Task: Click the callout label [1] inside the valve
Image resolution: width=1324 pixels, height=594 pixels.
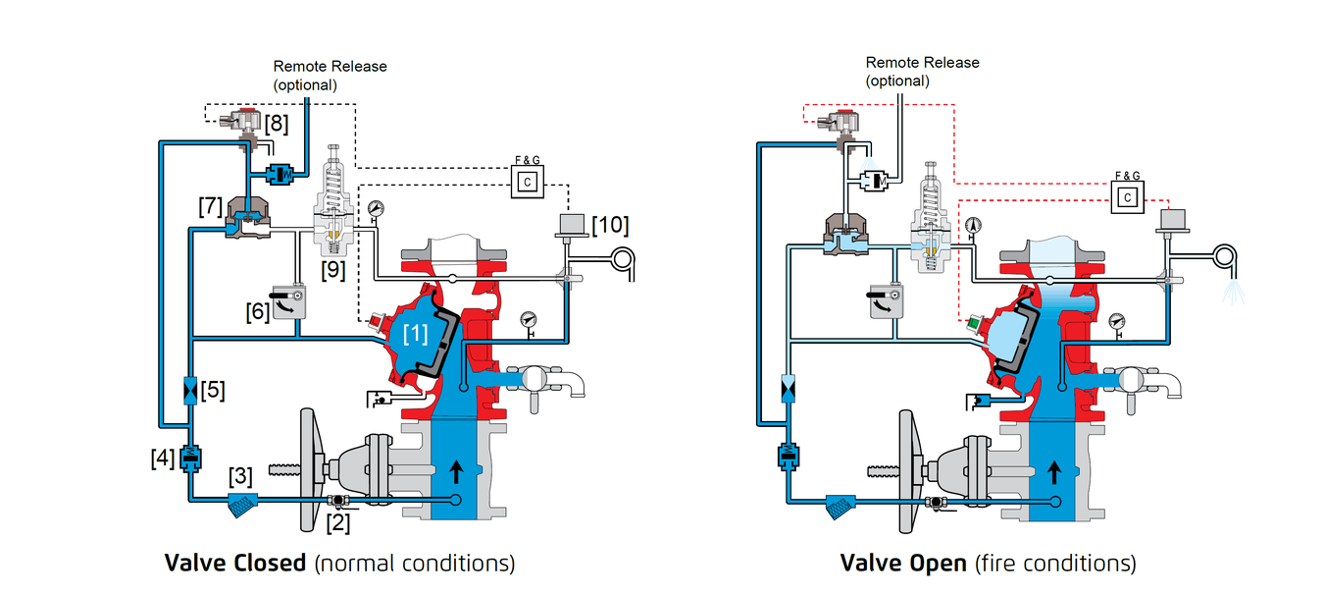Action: point(415,334)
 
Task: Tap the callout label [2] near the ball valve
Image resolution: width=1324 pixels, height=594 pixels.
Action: point(338,522)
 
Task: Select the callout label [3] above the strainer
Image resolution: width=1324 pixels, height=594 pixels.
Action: point(240,475)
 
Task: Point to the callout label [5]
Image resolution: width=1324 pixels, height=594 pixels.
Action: point(213,390)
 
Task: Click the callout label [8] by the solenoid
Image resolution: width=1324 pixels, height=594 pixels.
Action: point(276,124)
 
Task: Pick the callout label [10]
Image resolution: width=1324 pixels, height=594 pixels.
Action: point(610,225)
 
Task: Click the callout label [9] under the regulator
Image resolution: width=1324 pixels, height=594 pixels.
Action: point(332,270)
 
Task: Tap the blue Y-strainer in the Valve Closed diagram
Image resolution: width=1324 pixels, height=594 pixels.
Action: point(241,505)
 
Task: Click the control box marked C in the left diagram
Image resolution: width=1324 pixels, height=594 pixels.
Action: point(528,182)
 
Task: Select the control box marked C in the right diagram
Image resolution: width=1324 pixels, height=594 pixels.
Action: point(1127,197)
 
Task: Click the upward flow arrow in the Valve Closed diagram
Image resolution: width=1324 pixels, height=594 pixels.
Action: point(456,471)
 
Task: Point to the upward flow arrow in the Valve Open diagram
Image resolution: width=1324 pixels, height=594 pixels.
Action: point(1054,472)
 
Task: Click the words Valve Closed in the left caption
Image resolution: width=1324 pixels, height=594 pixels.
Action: point(235,563)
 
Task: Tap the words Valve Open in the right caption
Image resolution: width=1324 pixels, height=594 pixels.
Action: point(903,563)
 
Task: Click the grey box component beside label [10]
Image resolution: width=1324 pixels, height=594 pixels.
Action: point(572,224)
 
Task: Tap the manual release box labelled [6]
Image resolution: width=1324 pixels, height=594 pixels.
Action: point(288,301)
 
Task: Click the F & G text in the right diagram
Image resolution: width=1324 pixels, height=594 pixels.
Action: point(1127,176)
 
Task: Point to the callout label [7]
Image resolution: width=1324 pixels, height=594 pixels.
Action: point(211,206)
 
